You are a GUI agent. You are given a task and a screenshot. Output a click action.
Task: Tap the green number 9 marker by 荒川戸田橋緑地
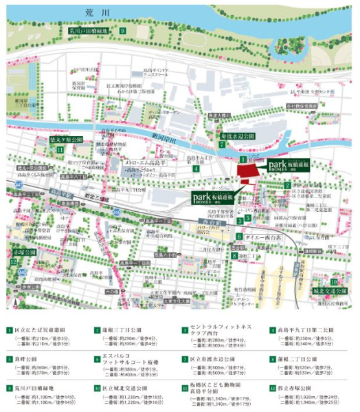click(123, 31)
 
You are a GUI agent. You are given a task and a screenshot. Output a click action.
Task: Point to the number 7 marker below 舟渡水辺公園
click(221, 145)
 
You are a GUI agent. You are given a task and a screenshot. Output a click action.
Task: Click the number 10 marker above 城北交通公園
click(334, 281)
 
